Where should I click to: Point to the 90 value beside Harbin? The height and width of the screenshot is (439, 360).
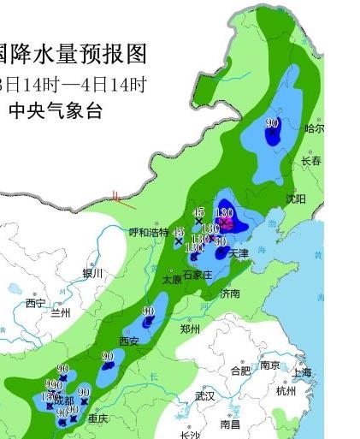click(x=273, y=124)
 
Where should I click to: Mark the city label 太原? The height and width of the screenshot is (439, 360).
click(x=172, y=279)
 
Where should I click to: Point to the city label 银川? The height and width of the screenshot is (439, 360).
click(x=92, y=273)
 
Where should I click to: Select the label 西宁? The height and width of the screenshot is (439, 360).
click(x=35, y=304)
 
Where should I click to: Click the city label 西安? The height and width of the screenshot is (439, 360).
click(x=128, y=341)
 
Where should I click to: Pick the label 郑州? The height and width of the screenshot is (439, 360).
click(x=190, y=329)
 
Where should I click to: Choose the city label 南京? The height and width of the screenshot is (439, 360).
click(x=270, y=365)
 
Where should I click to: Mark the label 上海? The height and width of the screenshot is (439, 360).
click(x=301, y=372)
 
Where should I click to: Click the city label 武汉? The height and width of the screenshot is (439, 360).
click(x=204, y=396)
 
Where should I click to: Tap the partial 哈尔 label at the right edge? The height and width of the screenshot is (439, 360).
click(x=314, y=129)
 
